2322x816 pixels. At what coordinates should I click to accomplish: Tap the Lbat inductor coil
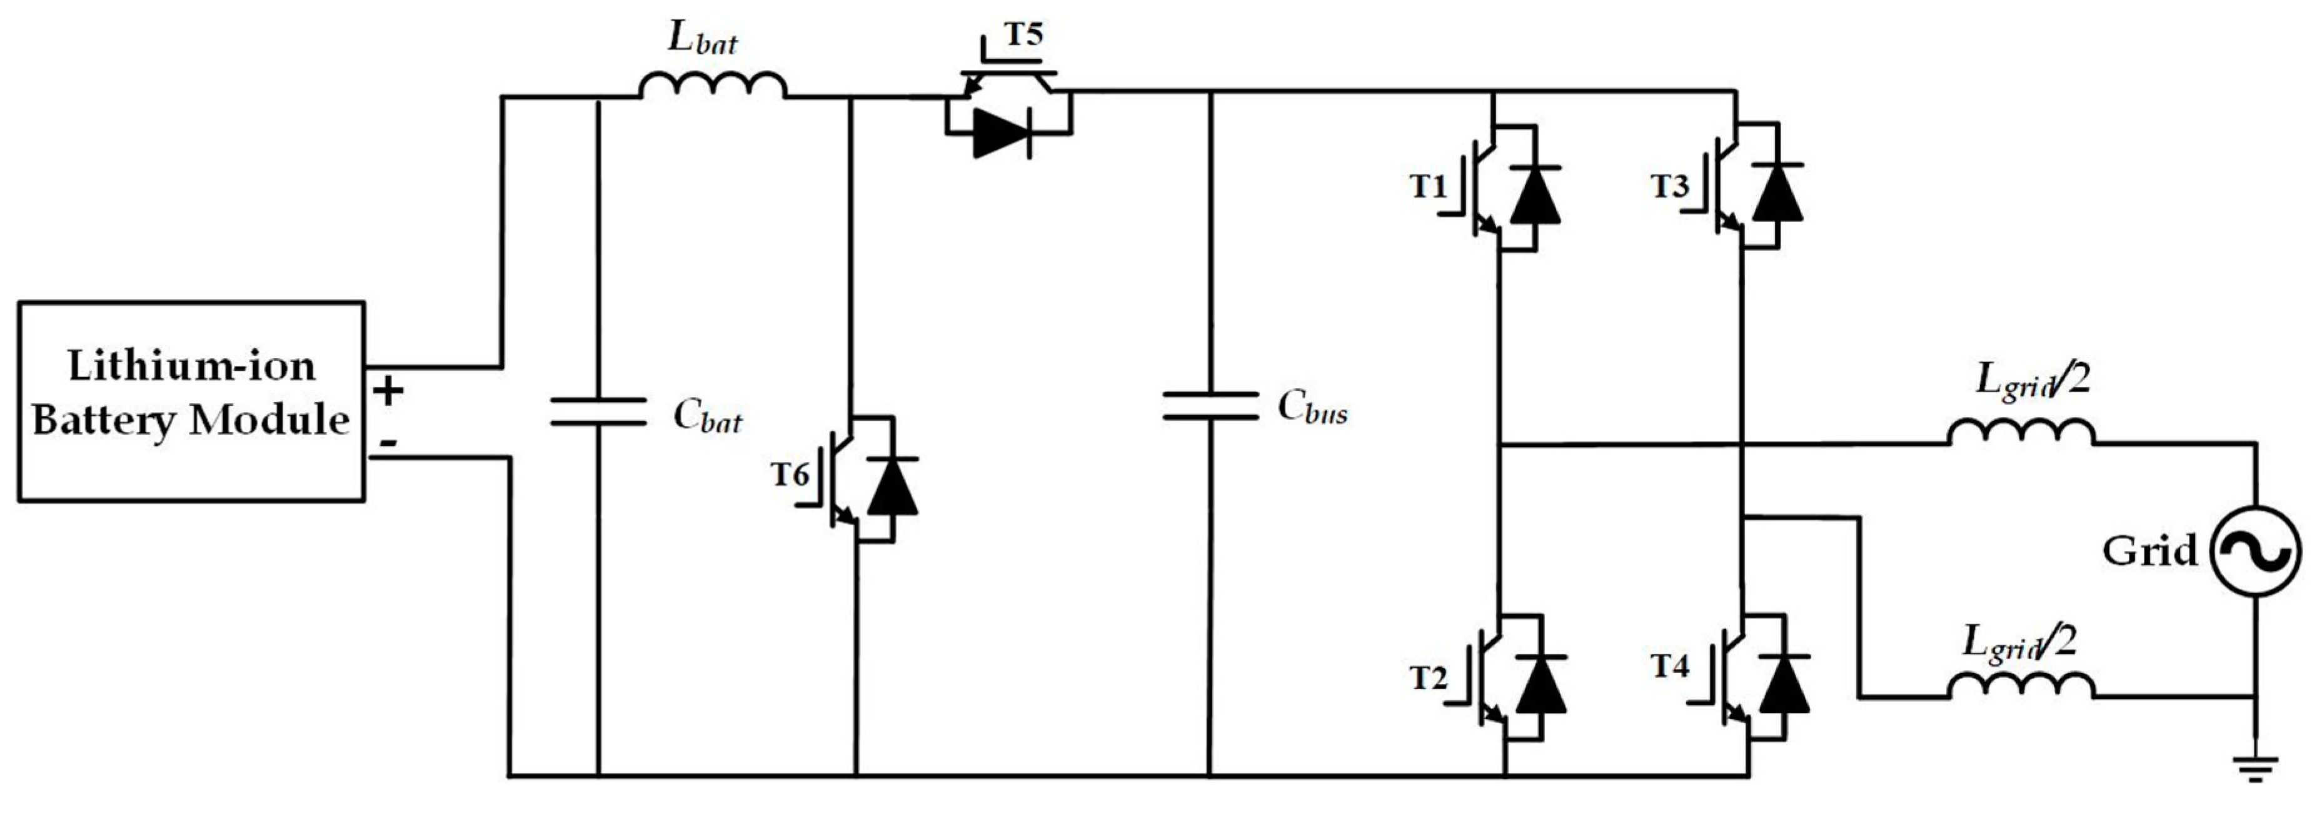712,85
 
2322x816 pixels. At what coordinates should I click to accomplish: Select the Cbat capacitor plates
598,411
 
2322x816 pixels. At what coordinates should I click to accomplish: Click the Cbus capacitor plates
1210,405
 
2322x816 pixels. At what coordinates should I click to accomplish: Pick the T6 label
790,474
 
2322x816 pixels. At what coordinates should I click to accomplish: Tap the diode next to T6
892,487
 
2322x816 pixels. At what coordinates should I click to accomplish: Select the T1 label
1428,186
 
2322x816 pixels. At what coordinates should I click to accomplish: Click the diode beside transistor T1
1534,194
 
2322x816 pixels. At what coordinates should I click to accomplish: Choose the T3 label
1669,186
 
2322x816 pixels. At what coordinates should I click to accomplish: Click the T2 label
1429,678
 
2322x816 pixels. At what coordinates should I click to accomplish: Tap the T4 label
1669,667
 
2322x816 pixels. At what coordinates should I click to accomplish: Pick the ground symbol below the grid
2255,769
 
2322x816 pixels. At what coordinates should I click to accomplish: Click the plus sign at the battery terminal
388,392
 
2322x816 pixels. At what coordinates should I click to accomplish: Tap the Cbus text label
1312,408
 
